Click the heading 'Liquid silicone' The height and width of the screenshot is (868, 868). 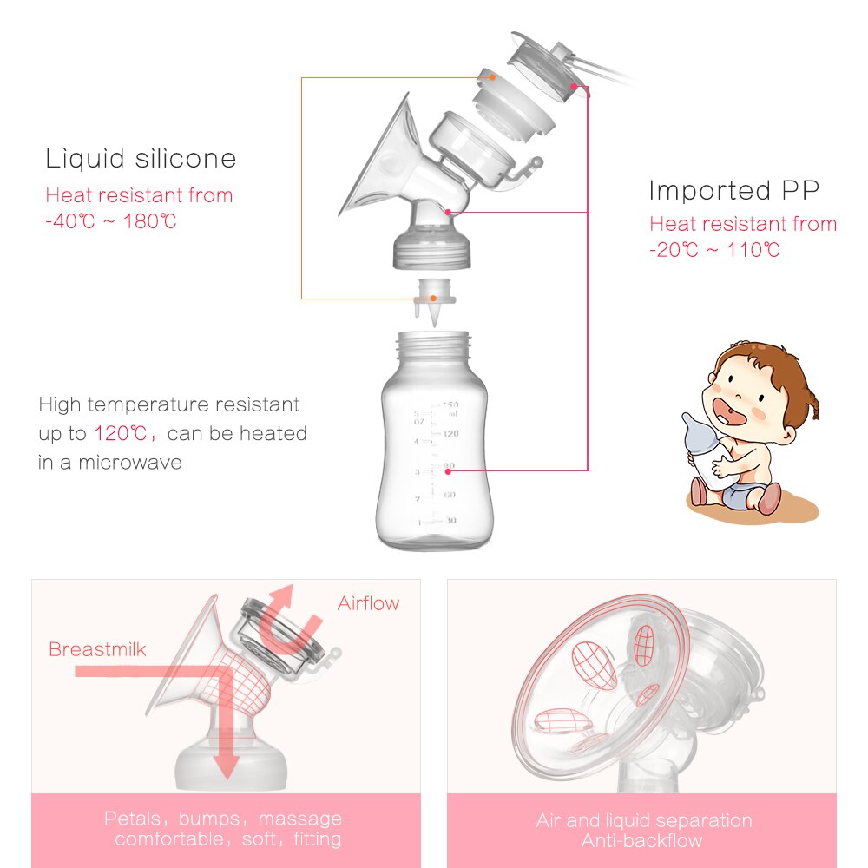(x=141, y=159)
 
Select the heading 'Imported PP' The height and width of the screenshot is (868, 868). (x=734, y=190)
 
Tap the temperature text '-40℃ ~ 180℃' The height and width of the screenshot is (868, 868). (x=111, y=221)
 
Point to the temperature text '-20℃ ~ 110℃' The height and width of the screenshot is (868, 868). (x=714, y=251)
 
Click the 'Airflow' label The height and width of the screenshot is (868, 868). (x=369, y=603)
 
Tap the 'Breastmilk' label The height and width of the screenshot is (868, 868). (x=97, y=649)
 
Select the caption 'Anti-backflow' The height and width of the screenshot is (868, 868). (x=642, y=840)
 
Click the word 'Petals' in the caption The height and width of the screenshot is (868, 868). (x=132, y=819)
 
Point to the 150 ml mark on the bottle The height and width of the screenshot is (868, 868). (x=450, y=405)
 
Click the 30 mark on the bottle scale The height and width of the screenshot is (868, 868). (x=450, y=521)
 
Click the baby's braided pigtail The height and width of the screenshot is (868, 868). (x=812, y=404)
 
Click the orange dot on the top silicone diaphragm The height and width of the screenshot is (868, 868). (x=492, y=76)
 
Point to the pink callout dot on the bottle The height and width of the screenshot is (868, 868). (x=446, y=470)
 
